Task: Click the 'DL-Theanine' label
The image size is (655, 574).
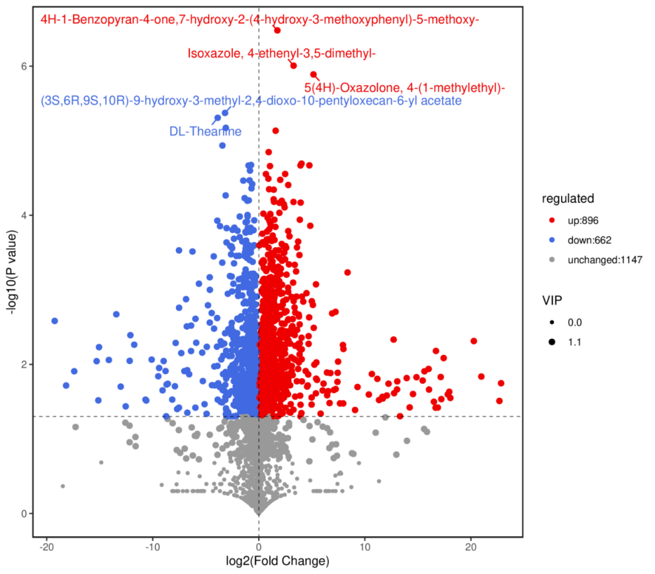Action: tap(205, 131)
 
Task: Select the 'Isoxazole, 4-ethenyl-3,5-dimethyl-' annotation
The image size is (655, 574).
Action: tap(282, 54)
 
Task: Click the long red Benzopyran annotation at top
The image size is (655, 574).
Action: tap(259, 20)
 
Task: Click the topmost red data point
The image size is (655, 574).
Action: tap(277, 30)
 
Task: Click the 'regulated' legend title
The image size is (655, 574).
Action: tap(568, 198)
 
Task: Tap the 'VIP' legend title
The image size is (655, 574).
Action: tap(552, 301)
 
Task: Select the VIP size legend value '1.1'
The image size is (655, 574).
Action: tap(575, 342)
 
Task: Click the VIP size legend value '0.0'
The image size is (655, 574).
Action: tap(575, 322)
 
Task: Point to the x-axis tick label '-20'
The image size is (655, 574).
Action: tap(46, 549)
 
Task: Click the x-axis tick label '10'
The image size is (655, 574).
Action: tap(364, 549)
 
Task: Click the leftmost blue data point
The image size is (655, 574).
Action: tap(54, 321)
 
